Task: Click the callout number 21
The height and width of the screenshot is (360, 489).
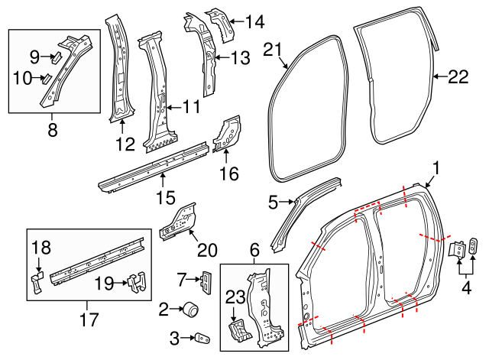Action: pyautogui.click(x=273, y=50)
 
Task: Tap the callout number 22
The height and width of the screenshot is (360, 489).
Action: pyautogui.click(x=457, y=76)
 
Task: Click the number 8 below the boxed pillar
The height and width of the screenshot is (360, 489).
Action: pyautogui.click(x=52, y=131)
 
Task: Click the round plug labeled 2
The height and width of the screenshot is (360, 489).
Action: pyautogui.click(x=189, y=310)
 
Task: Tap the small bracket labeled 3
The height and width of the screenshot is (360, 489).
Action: pyautogui.click(x=201, y=337)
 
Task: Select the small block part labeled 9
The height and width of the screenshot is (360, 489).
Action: pyautogui.click(x=57, y=57)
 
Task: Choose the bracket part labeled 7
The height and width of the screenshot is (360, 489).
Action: pyautogui.click(x=206, y=282)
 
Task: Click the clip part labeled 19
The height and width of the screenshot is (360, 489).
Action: pyautogui.click(x=135, y=281)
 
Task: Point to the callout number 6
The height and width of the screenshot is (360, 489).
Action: pyautogui.click(x=254, y=249)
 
